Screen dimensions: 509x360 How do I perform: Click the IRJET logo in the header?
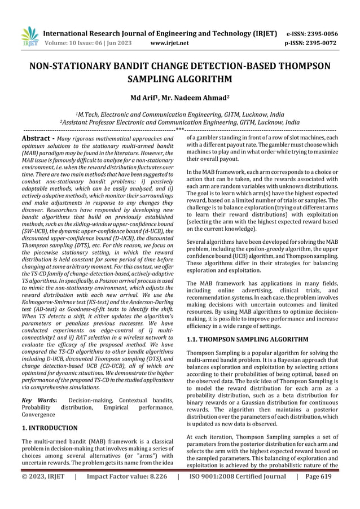point(29,36)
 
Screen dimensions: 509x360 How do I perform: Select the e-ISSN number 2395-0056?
point(324,33)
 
